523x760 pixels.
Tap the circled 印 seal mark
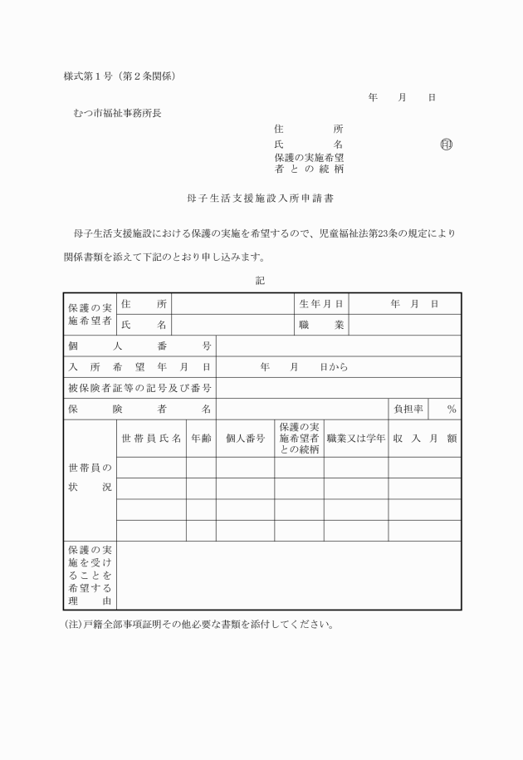pyautogui.click(x=447, y=145)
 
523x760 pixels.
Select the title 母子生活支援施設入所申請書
pyautogui.click(x=261, y=199)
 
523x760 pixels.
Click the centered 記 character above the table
pyautogui.click(x=260, y=281)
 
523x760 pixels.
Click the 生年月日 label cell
pyautogui.click(x=321, y=304)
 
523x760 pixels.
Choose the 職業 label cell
pyautogui.click(x=321, y=325)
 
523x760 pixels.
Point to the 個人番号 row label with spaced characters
pyautogui.click(x=139, y=346)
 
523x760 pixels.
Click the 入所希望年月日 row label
pyautogui.click(x=139, y=367)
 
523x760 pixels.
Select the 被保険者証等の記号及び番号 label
pyautogui.click(x=139, y=388)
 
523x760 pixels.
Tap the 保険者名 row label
pyautogui.click(x=139, y=409)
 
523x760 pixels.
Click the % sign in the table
pyautogui.click(x=452, y=409)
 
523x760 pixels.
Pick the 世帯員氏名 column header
pyautogui.click(x=151, y=438)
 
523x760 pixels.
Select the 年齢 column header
pyautogui.click(x=200, y=438)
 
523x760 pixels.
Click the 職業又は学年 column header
pyautogui.click(x=355, y=438)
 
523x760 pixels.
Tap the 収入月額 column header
pyautogui.click(x=424, y=438)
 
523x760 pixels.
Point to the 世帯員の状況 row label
pyautogui.click(x=90, y=478)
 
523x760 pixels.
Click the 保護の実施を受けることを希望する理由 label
pyautogui.click(x=90, y=575)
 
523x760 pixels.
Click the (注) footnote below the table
pyautogui.click(x=198, y=625)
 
